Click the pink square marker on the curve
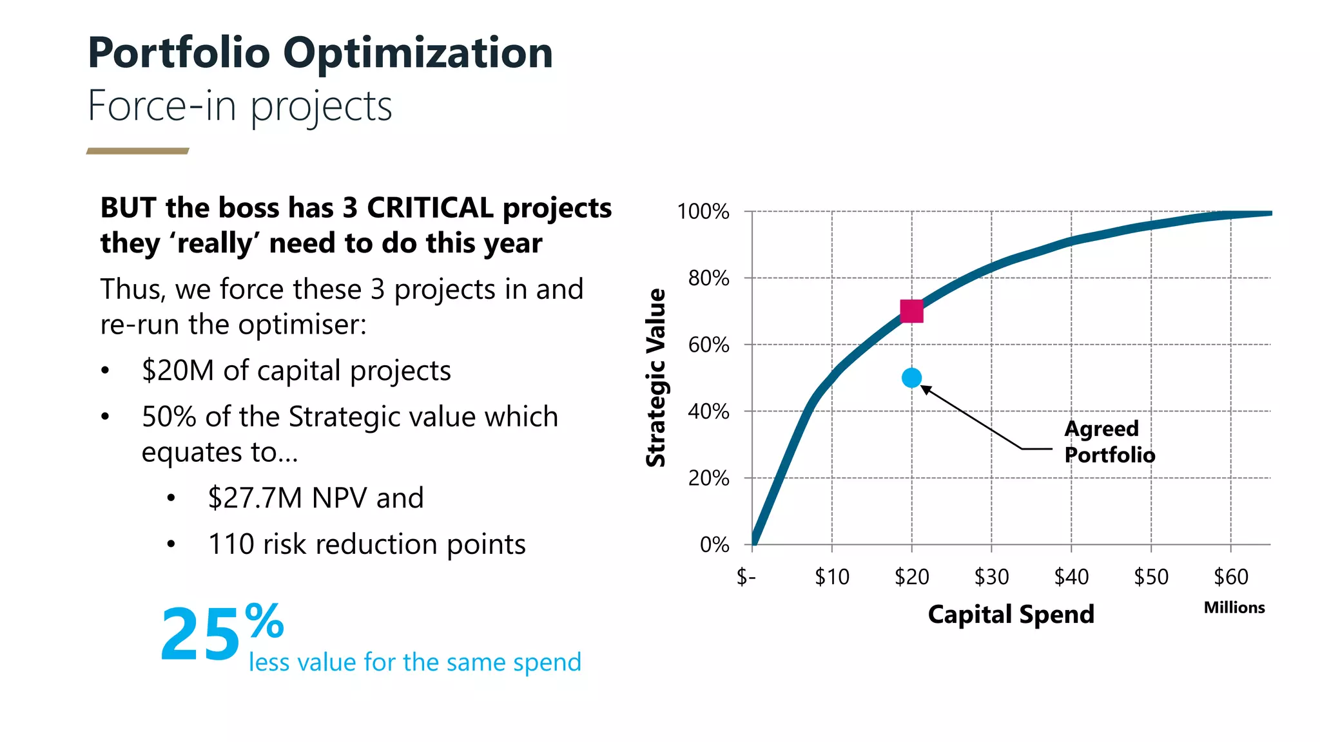(x=911, y=311)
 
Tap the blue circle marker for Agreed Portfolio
(x=911, y=378)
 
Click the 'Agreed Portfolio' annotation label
(x=1109, y=442)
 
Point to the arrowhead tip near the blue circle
(x=922, y=386)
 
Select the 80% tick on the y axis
(x=708, y=278)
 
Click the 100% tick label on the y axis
(x=703, y=212)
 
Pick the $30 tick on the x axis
(x=991, y=576)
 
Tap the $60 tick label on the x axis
(x=1230, y=576)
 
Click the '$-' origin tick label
(x=746, y=576)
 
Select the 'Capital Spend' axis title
(x=1011, y=614)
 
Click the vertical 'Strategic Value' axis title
(x=656, y=377)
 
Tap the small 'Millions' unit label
(x=1234, y=607)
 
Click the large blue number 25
(x=200, y=635)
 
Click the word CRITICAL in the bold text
(x=430, y=208)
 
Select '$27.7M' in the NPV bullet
(x=255, y=498)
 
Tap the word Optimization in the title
(x=418, y=53)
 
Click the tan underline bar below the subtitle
(x=137, y=151)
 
